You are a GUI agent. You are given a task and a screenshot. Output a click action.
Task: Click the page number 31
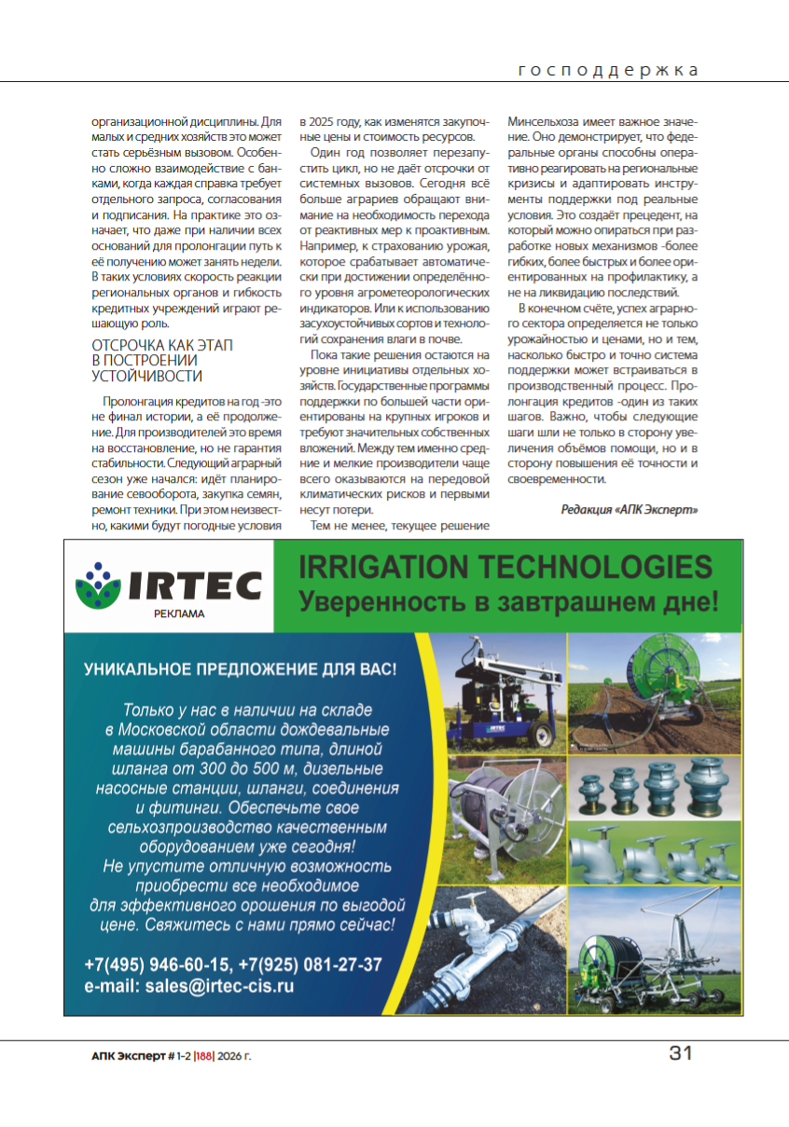[681, 1054]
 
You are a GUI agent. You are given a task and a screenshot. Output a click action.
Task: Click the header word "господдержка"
[608, 70]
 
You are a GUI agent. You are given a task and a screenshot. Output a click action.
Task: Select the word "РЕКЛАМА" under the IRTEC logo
[178, 614]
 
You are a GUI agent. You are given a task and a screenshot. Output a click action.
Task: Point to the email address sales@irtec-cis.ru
[189, 985]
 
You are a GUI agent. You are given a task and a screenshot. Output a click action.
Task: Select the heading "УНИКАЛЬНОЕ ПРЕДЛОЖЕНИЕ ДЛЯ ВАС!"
[241, 669]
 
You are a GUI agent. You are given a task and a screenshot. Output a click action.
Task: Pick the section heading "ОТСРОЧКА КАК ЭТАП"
[162, 345]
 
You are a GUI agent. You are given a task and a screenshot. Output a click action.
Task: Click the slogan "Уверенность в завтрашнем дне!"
[508, 600]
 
